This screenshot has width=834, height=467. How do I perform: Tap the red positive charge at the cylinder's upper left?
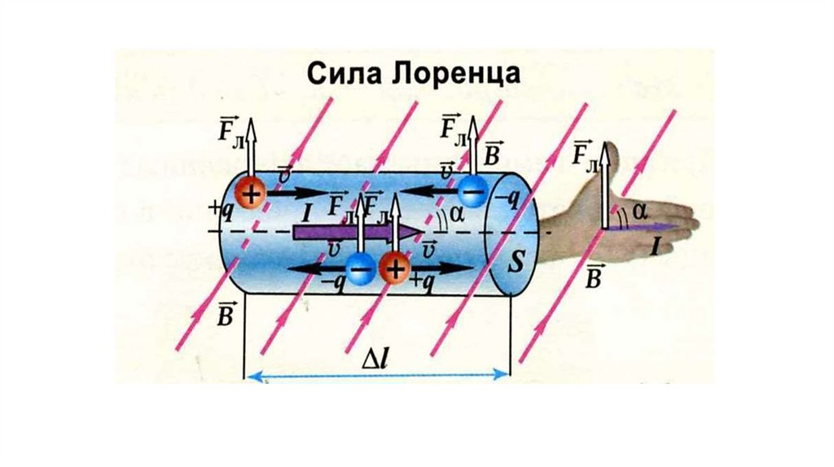point(252,194)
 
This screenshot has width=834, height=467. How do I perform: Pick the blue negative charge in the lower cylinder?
point(360,267)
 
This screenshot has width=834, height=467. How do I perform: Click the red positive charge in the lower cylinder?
point(395,268)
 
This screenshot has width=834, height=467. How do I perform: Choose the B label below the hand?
point(595,277)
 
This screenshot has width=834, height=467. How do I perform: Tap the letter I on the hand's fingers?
point(654,247)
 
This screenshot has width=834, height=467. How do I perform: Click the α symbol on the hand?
point(640,212)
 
